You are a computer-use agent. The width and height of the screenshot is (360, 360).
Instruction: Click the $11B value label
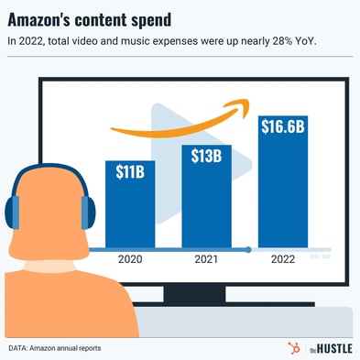[x=130, y=170]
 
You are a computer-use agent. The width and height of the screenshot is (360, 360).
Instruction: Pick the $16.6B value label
[x=283, y=126]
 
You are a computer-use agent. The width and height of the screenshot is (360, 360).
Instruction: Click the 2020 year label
[x=131, y=260]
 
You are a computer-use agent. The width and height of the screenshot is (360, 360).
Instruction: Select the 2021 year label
[x=206, y=260]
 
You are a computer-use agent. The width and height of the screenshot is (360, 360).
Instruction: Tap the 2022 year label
[x=283, y=260]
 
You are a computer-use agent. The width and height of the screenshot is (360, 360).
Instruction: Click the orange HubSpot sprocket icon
[x=295, y=347]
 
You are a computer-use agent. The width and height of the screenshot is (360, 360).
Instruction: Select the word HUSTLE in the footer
[x=334, y=348]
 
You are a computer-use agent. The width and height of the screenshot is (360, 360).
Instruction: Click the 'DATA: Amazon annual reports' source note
[x=55, y=348]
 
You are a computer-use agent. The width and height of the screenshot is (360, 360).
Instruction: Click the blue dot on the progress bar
[x=248, y=249]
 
